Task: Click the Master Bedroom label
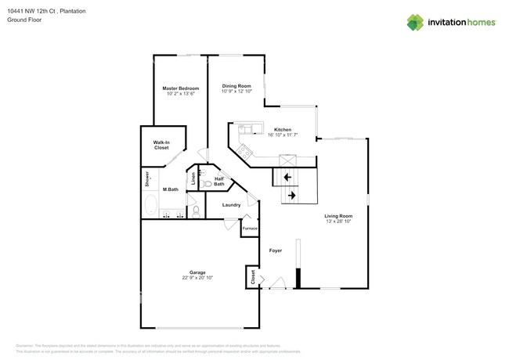(x=180, y=88)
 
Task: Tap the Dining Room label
(x=236, y=86)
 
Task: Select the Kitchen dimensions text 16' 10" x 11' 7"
(x=282, y=135)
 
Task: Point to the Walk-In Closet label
(x=161, y=144)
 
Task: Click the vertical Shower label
(x=146, y=180)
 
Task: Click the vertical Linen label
(x=193, y=177)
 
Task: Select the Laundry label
(x=231, y=205)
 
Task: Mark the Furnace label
(x=250, y=228)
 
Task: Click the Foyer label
(x=276, y=251)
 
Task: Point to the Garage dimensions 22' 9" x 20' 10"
(x=197, y=277)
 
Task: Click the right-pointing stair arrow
(x=291, y=195)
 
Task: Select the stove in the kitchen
(x=244, y=150)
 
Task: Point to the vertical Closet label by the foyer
(x=252, y=276)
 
